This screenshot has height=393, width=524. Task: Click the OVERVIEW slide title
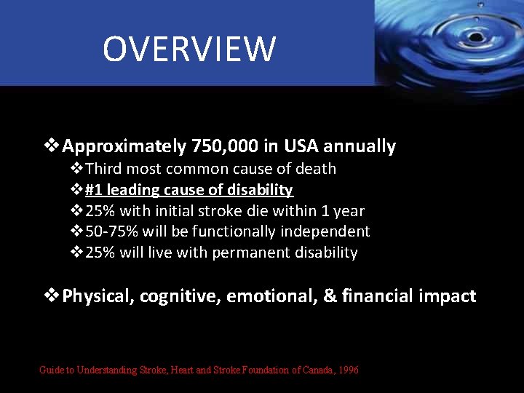click(189, 49)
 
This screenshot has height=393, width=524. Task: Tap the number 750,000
click(224, 146)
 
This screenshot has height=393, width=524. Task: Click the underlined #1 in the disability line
click(92, 190)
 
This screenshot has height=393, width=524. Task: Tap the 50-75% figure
click(112, 231)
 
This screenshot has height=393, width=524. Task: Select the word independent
click(327, 231)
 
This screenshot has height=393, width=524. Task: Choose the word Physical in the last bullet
click(98, 296)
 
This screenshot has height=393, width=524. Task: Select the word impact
click(449, 296)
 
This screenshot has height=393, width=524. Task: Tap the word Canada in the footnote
click(303, 370)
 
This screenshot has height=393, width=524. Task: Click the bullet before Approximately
click(52, 146)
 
